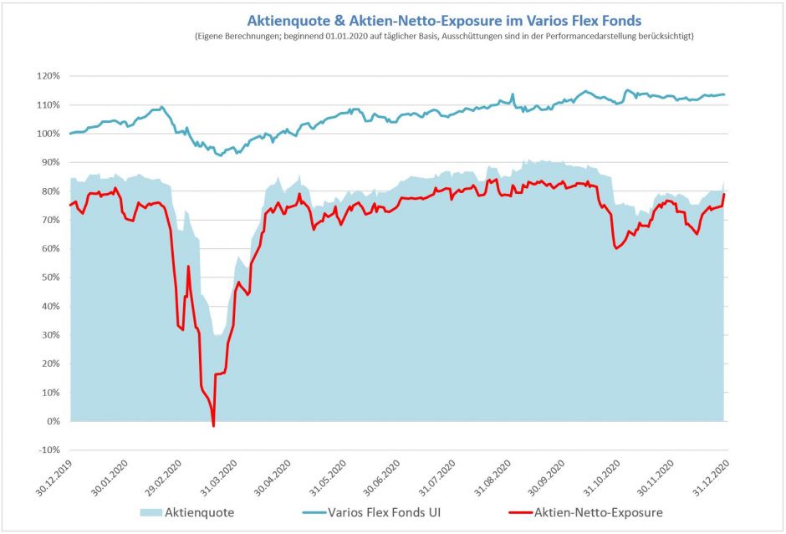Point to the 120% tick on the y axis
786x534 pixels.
(48, 76)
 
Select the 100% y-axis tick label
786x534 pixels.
(48, 134)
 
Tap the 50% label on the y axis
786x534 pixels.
(49, 277)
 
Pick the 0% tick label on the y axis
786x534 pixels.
(49, 421)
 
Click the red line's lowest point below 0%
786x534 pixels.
(214, 426)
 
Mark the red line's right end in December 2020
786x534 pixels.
(724, 195)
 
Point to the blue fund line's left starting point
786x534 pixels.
(70, 133)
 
